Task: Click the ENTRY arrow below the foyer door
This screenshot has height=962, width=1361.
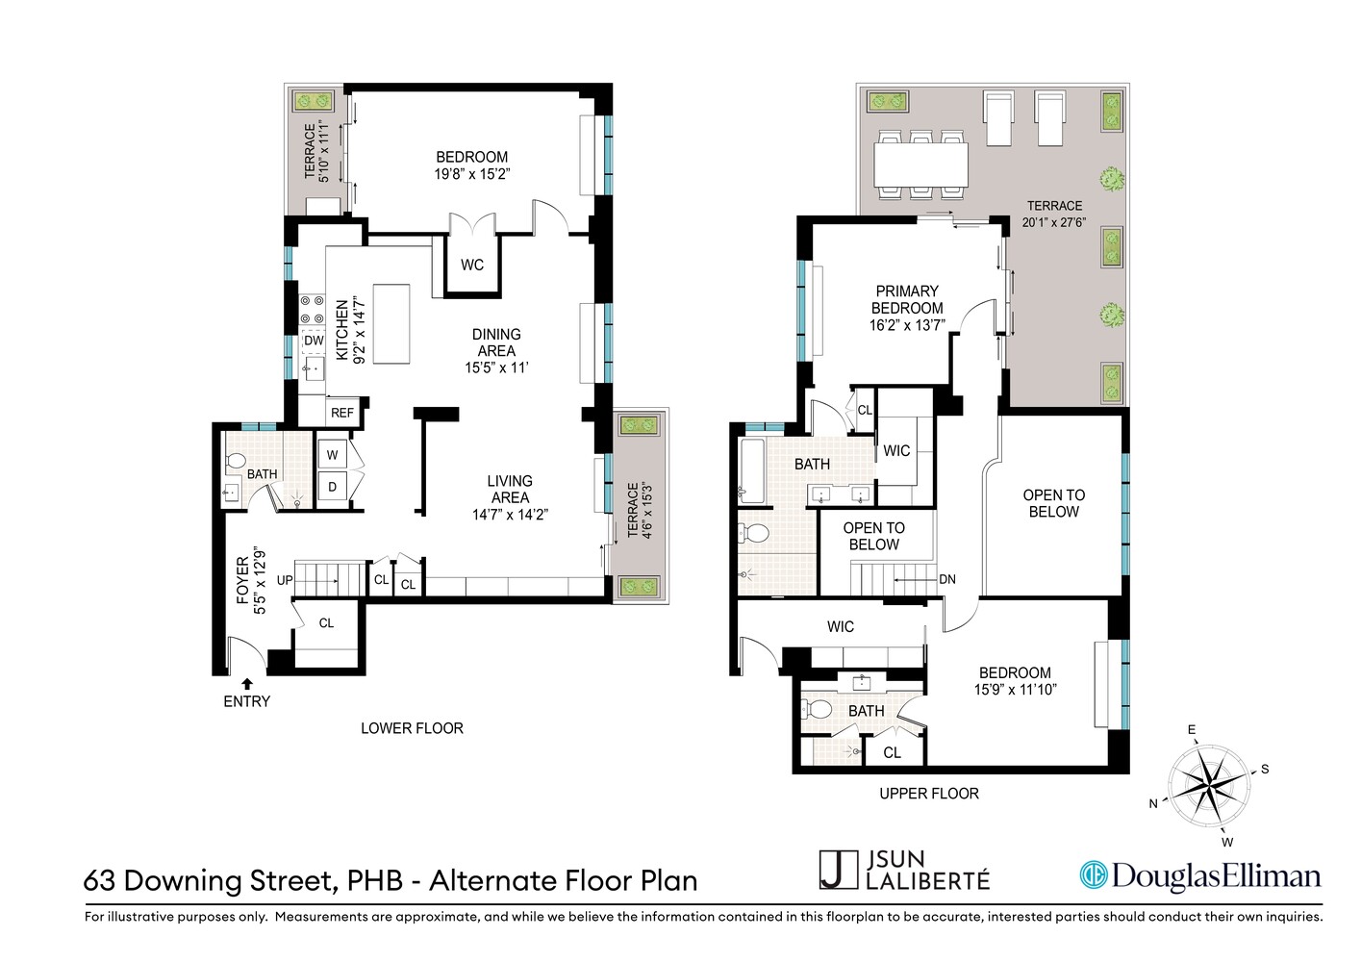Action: point(247,683)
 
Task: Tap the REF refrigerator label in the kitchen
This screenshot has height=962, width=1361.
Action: point(342,413)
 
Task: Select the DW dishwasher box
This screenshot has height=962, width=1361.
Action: point(315,341)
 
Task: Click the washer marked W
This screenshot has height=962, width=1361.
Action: point(333,455)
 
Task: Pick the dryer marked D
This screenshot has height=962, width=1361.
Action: point(333,487)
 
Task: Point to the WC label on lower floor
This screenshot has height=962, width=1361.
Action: point(471,265)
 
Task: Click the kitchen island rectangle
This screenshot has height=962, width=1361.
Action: point(391,323)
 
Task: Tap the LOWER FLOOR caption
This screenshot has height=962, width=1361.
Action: point(412,728)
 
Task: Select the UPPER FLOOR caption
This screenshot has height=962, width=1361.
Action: point(928,794)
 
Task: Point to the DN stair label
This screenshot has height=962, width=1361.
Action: point(947,579)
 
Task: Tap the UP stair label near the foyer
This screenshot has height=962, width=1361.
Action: point(285,580)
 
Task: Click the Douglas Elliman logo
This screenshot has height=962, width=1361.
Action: point(1199,874)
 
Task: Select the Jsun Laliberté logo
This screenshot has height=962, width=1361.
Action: point(904,870)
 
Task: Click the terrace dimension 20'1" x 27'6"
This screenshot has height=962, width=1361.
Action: point(1054,222)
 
